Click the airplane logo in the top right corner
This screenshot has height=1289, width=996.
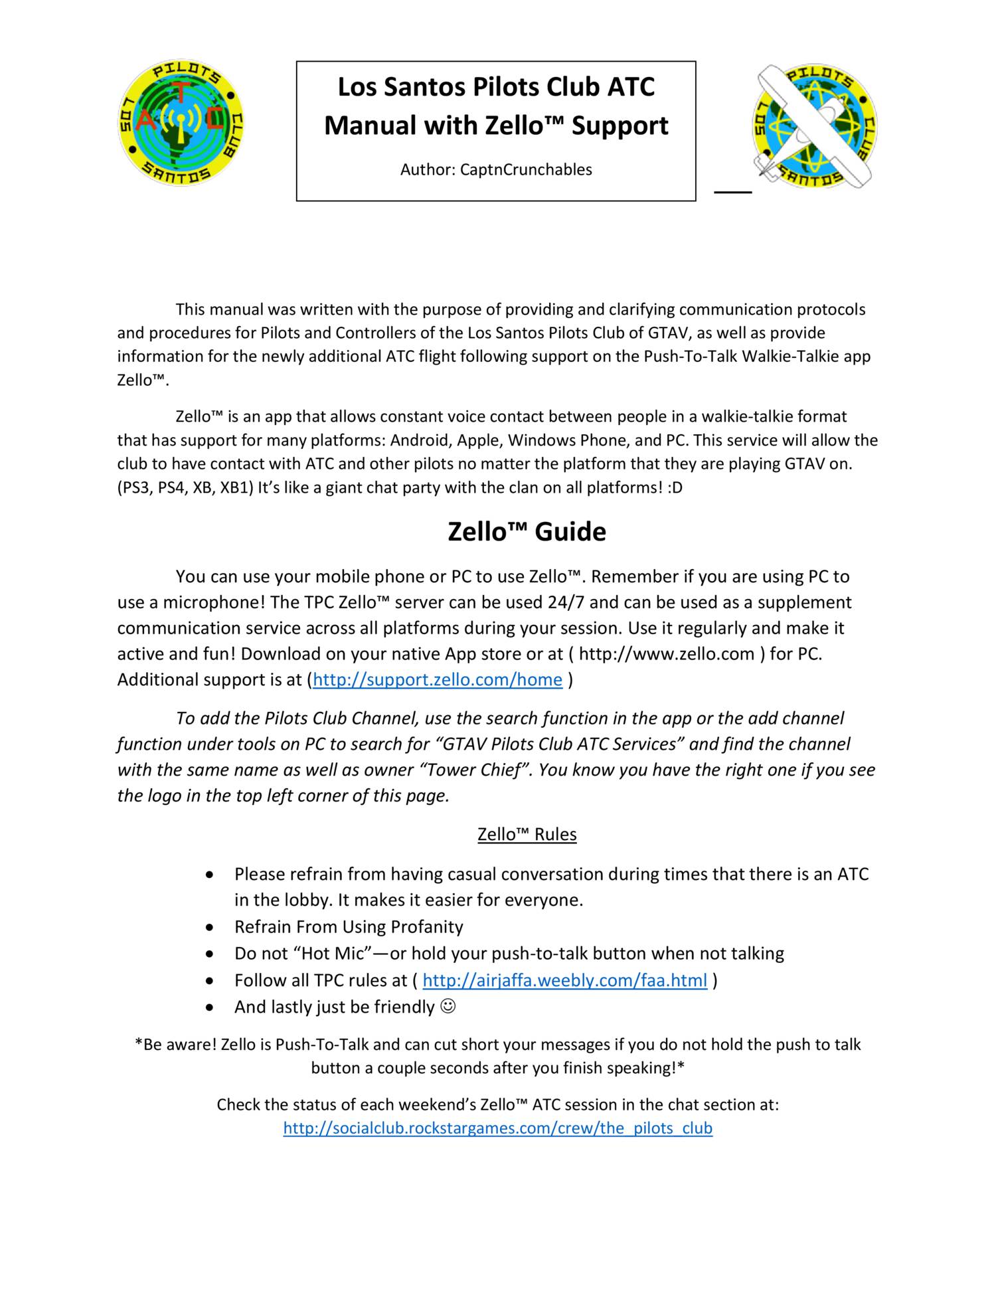coord(815,126)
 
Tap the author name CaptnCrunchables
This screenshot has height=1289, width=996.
coord(526,170)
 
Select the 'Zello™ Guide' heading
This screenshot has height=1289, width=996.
coord(527,532)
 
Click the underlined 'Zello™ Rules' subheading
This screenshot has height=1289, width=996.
coord(527,835)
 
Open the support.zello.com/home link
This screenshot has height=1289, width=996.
coord(438,680)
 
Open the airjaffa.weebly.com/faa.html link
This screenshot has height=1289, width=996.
coord(564,981)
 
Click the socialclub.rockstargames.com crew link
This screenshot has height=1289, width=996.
coord(497,1128)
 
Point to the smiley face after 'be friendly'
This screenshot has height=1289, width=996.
coord(449,1007)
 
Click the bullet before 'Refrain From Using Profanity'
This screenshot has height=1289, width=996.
coord(210,928)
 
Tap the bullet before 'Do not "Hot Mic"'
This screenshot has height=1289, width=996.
coord(210,954)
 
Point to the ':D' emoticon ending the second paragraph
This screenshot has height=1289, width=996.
coord(675,488)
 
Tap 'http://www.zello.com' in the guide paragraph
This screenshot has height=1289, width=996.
coord(666,654)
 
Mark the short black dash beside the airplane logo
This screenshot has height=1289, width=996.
coord(733,192)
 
